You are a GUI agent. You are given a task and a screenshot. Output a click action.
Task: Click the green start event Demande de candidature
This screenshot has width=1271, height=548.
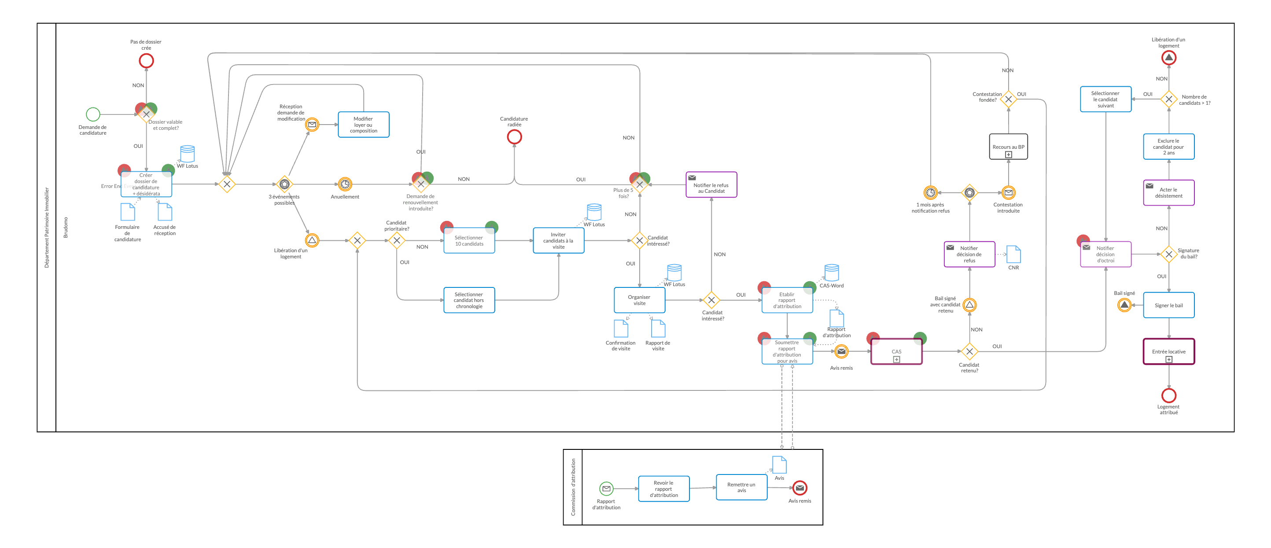[x=93, y=114]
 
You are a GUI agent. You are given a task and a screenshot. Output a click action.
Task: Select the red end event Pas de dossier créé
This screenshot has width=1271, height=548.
[x=146, y=61]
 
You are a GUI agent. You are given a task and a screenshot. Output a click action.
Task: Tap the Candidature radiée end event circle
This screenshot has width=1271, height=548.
[x=514, y=136]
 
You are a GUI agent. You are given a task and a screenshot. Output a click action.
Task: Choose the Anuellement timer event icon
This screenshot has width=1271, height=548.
[x=345, y=184]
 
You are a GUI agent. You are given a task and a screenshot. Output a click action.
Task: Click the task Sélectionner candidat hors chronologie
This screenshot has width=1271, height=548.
[x=469, y=300]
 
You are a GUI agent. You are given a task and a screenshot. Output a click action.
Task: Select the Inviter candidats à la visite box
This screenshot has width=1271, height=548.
[x=558, y=241]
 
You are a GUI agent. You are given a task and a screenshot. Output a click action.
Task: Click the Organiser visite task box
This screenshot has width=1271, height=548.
[x=639, y=300]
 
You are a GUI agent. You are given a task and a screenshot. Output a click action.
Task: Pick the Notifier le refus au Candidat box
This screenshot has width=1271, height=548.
[x=711, y=185]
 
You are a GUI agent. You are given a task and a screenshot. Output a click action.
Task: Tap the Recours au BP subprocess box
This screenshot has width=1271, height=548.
[x=1008, y=147]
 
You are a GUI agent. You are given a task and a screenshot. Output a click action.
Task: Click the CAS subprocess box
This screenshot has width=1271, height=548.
[x=896, y=352]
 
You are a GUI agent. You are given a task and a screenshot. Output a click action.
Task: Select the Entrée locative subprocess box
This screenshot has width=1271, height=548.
[x=1168, y=352]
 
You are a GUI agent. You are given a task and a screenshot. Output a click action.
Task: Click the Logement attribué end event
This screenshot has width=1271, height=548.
[x=1168, y=396]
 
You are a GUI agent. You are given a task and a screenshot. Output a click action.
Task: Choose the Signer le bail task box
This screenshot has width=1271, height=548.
[x=1168, y=305]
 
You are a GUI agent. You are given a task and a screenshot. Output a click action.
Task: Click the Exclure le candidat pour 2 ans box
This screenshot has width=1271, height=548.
[x=1168, y=147]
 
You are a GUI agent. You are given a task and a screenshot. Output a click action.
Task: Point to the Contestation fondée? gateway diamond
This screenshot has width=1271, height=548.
[x=1008, y=99]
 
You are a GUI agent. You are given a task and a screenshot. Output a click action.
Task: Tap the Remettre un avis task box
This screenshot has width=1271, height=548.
[x=741, y=487]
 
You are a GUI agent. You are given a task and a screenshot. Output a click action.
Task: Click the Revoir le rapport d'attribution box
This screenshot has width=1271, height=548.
[x=663, y=489]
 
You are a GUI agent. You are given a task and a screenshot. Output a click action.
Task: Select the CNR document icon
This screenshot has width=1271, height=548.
[x=1013, y=254]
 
